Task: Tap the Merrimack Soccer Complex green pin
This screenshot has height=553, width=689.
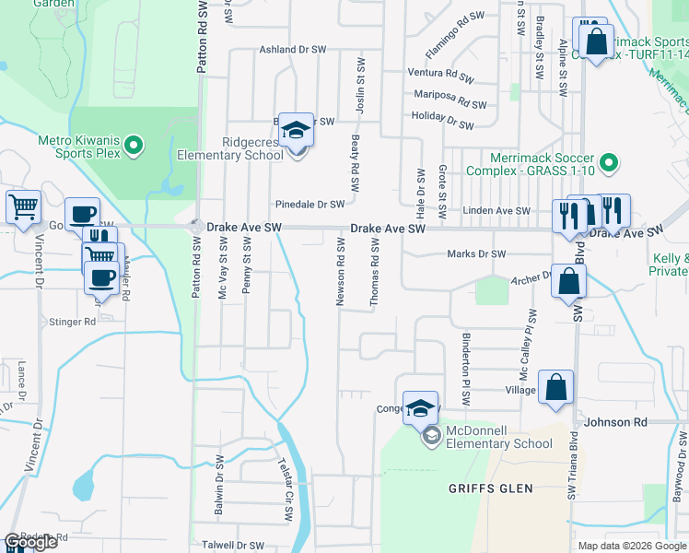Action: [x=608, y=163]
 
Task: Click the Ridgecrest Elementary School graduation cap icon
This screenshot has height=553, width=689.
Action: [x=297, y=129]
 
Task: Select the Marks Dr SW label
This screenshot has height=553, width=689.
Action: [x=476, y=254]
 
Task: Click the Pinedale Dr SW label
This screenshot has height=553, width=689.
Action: [x=309, y=205]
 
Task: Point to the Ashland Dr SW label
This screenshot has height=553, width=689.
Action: [x=293, y=50]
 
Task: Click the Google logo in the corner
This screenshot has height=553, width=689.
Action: [x=29, y=542]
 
